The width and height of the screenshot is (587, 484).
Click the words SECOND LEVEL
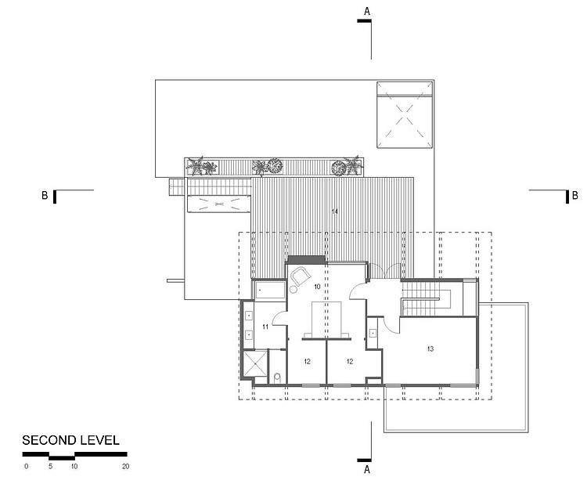coord(70,440)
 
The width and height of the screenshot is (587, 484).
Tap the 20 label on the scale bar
coord(126,467)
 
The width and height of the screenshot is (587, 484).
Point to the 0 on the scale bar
coord(26,467)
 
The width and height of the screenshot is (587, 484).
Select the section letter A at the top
coord(367,12)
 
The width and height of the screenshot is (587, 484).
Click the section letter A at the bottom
coord(367,469)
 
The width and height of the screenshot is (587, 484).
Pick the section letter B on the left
coord(45,195)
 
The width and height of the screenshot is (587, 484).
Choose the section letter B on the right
coord(575,195)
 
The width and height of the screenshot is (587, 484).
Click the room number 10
coord(317,287)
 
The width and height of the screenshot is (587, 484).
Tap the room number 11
coord(265,327)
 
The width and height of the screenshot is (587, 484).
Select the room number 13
coord(430,349)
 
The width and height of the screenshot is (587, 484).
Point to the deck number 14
coord(335,211)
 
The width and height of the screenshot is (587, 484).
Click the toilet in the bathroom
coord(277,377)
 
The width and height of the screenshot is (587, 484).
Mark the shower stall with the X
coord(255,363)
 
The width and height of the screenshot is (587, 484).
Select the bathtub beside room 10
coord(270,290)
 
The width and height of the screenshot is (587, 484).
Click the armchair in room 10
coord(301,276)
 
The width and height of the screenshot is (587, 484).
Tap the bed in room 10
coord(326,320)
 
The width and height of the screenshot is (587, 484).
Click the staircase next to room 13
coord(427,298)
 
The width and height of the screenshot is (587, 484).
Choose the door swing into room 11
coord(279,319)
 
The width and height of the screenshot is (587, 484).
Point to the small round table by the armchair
coord(293,289)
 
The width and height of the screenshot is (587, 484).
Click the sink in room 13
coord(373,333)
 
